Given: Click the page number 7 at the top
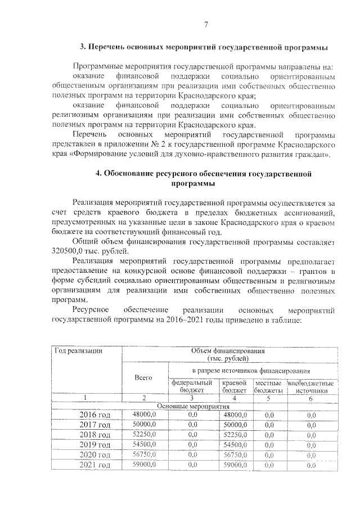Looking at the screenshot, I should tap(206, 24).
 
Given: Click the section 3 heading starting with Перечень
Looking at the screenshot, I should tap(204, 47).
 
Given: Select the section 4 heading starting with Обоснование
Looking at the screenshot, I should tap(204, 179).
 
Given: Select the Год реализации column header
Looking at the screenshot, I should tap(78, 351).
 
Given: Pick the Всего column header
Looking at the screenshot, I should tap(145, 379).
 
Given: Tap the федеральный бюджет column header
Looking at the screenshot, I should tap(192, 386).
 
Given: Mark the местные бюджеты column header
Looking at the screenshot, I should tap(268, 386).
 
